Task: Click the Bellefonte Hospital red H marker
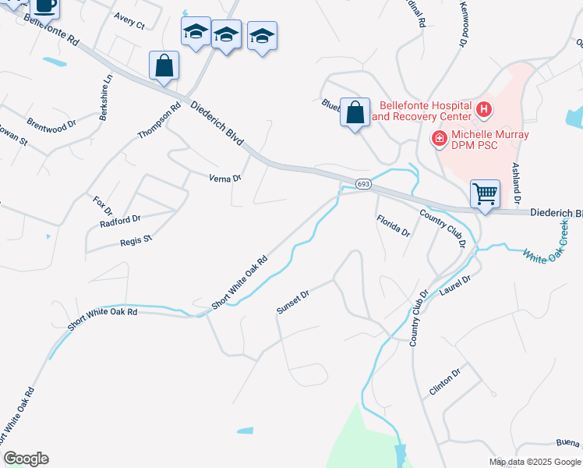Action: pos(484,110)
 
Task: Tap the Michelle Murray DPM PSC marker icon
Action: pos(440,140)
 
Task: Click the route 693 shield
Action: pos(363,184)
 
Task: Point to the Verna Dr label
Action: pos(225,178)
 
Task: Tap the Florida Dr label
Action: pos(394,225)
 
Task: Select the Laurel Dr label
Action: pos(456,285)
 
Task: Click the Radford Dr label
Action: pos(120,219)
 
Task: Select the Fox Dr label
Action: pos(103,206)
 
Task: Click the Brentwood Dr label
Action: pos(51,123)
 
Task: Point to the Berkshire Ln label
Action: pos(106,96)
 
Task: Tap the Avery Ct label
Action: pos(129,24)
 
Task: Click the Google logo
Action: pos(26,459)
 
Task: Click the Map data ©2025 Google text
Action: pos(535,462)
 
